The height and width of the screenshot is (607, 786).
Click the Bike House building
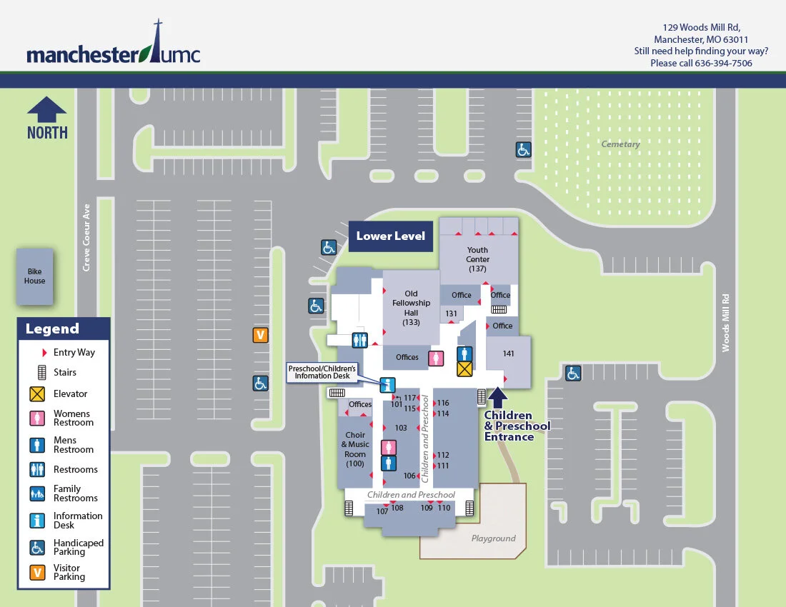[x=35, y=276]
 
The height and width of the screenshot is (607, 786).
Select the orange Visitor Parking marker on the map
[x=261, y=334]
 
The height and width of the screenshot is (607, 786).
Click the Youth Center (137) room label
[x=477, y=259]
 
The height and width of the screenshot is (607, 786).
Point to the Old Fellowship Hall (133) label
[x=411, y=308]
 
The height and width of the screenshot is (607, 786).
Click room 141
[x=509, y=353]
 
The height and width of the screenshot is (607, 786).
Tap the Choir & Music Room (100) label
[x=355, y=449]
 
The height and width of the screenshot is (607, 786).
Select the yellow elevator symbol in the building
[x=464, y=368]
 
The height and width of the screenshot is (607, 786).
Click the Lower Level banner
[x=391, y=236]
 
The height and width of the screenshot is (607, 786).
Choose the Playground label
[x=493, y=538]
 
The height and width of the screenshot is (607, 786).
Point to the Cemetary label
[x=620, y=144]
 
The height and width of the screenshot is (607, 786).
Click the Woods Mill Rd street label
[x=726, y=323]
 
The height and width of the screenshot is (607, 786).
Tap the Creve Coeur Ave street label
[x=86, y=237]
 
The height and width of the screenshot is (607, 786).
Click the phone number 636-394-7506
[x=723, y=63]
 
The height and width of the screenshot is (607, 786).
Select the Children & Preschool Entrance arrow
[x=498, y=397]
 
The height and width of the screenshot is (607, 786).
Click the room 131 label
[x=452, y=313]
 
